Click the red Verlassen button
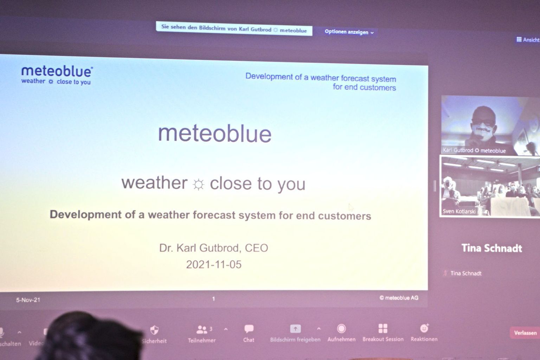coord(525,333)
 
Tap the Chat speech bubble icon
coord(249,329)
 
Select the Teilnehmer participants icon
coord(202,330)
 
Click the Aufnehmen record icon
coord(341,328)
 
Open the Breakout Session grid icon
coord(383,328)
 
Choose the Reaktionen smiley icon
coord(424,328)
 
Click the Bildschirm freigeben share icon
coord(295,329)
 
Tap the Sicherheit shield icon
coord(154,330)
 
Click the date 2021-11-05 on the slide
coord(214,264)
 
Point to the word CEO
coord(257,248)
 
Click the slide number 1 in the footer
coord(213,299)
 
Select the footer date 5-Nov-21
coord(28,300)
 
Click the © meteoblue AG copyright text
coord(399,298)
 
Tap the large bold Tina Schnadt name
coord(492,248)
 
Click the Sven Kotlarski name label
coord(459,212)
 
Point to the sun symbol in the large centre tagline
coord(198,185)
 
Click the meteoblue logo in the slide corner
coord(57,75)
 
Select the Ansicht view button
coord(528,39)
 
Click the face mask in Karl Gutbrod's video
coord(483,131)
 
